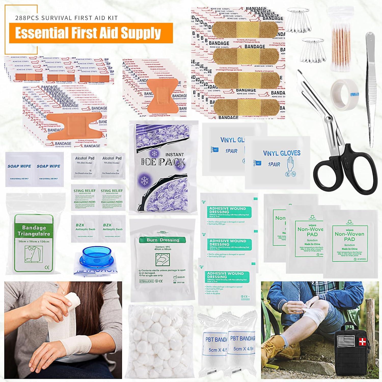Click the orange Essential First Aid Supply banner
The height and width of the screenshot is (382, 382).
(x=91, y=33)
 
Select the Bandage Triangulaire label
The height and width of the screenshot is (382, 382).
(x=34, y=230)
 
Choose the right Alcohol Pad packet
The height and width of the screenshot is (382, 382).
(x=112, y=165)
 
